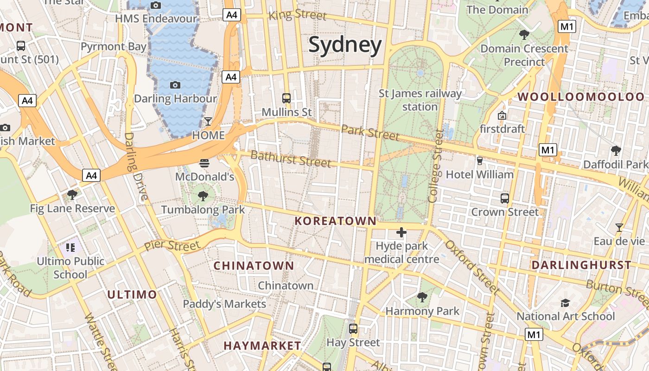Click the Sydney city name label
[x=345, y=45]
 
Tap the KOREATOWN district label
[x=336, y=221]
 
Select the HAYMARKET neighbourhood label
[x=262, y=346]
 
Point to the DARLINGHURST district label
[x=581, y=265]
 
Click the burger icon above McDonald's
[x=204, y=163]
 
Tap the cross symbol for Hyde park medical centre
[x=401, y=232]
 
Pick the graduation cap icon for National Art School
[x=565, y=303]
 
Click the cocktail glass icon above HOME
[x=208, y=122]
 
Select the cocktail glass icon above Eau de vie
[x=619, y=227]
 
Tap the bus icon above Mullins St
[x=286, y=98]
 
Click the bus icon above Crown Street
[x=505, y=198]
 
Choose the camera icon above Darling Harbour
[x=175, y=84]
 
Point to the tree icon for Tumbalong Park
[x=203, y=196]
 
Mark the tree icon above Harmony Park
[x=422, y=297]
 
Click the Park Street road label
[x=370, y=132]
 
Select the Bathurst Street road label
[x=291, y=159]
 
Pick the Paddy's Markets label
[x=224, y=304]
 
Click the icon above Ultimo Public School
[x=70, y=247]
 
